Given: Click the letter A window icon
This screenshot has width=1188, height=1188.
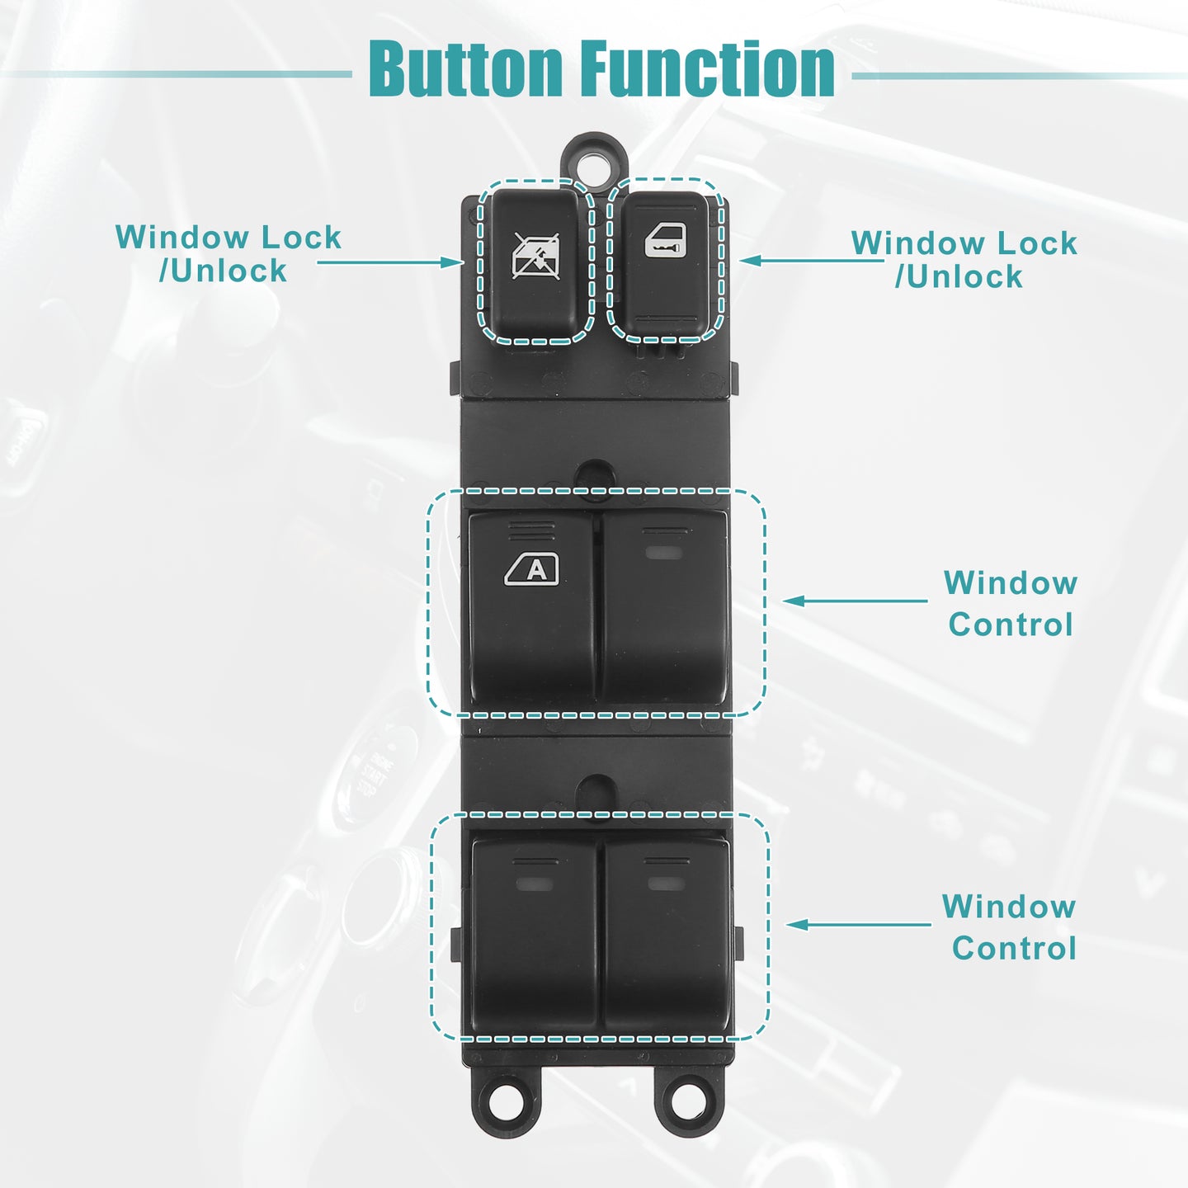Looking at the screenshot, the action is (532, 569).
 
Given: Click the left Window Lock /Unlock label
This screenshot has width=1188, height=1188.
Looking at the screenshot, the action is (228, 254).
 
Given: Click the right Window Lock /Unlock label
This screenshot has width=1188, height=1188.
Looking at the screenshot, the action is (964, 260).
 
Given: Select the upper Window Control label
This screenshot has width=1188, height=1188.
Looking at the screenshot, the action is (1011, 604).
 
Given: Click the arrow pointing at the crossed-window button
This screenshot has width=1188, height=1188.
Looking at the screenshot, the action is (389, 262).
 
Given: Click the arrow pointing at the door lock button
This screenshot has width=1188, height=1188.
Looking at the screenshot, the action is (811, 260).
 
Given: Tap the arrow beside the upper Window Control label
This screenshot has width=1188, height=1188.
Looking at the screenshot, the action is (855, 601).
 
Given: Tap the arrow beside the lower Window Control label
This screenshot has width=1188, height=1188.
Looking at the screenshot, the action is (858, 925).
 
